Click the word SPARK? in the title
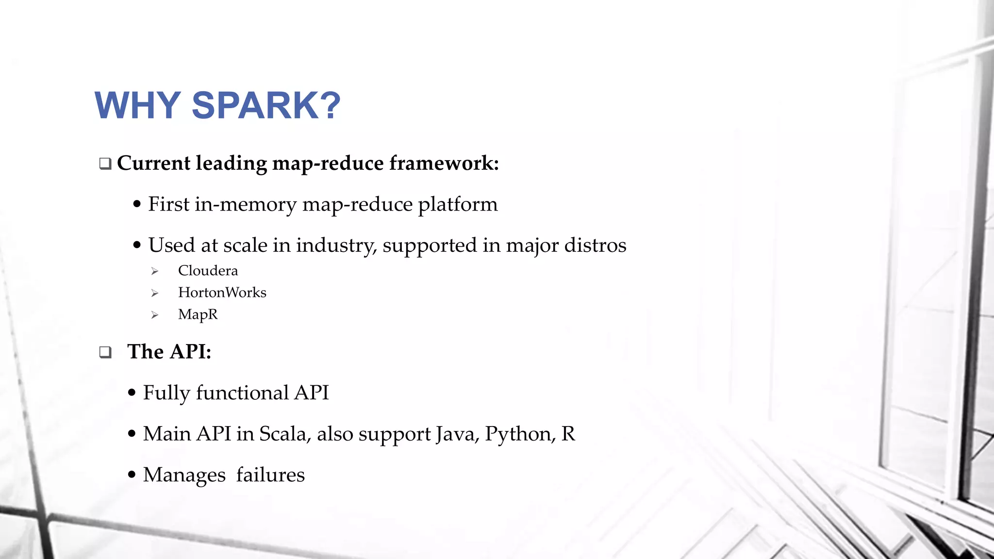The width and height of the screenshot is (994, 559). [x=266, y=105]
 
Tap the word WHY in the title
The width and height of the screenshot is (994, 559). [x=138, y=105]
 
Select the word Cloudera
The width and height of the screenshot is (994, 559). [x=208, y=271]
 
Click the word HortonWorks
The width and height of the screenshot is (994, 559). [x=222, y=293]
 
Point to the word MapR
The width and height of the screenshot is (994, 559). [x=198, y=314]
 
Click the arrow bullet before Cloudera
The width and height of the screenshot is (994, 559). [x=155, y=271]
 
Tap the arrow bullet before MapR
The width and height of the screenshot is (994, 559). [x=155, y=315]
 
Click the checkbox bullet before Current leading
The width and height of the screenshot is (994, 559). [x=105, y=164]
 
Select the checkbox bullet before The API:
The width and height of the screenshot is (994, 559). [x=105, y=352]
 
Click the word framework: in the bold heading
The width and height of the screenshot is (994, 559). [x=444, y=163]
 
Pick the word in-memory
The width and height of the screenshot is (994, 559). [x=246, y=204]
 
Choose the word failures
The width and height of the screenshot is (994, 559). [x=270, y=475]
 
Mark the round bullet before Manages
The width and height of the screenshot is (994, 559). [x=132, y=475]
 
